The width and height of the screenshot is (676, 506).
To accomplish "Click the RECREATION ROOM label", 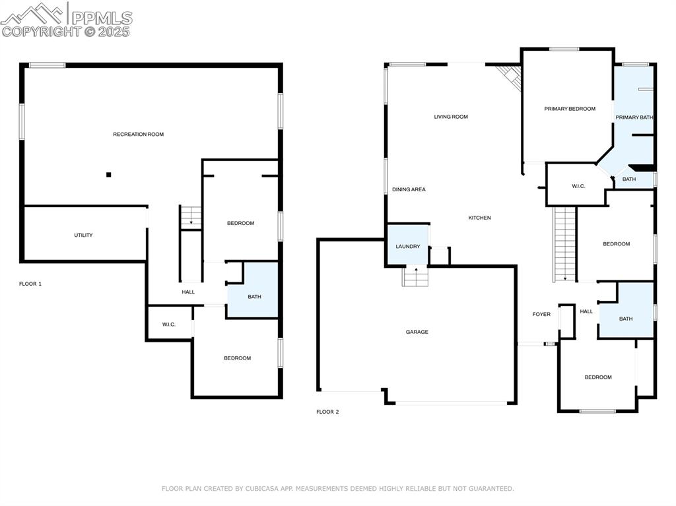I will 138,134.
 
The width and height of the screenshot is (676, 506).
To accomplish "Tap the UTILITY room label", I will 83,235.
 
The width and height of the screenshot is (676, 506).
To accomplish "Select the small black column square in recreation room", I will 109,174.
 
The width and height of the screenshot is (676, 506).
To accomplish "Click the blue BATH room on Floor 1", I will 253,291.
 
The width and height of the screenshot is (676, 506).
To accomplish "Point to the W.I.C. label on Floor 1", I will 168,324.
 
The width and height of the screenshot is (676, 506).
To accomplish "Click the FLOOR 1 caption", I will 30,284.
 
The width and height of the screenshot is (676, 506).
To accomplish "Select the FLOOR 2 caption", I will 327,412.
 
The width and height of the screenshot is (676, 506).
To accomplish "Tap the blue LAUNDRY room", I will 407,245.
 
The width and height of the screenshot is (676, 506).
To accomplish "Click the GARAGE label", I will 417,332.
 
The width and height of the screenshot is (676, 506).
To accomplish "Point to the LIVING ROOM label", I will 451,117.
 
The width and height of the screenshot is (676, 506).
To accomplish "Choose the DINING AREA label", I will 409,189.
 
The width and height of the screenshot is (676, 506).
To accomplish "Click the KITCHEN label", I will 479,218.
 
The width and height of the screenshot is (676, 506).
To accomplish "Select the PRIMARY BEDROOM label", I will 570,109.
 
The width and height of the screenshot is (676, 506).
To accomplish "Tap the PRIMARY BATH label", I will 634,117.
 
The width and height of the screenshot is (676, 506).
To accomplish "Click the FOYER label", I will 541,314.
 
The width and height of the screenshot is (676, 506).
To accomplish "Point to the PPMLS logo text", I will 102,18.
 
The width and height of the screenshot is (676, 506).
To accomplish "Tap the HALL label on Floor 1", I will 188,292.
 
